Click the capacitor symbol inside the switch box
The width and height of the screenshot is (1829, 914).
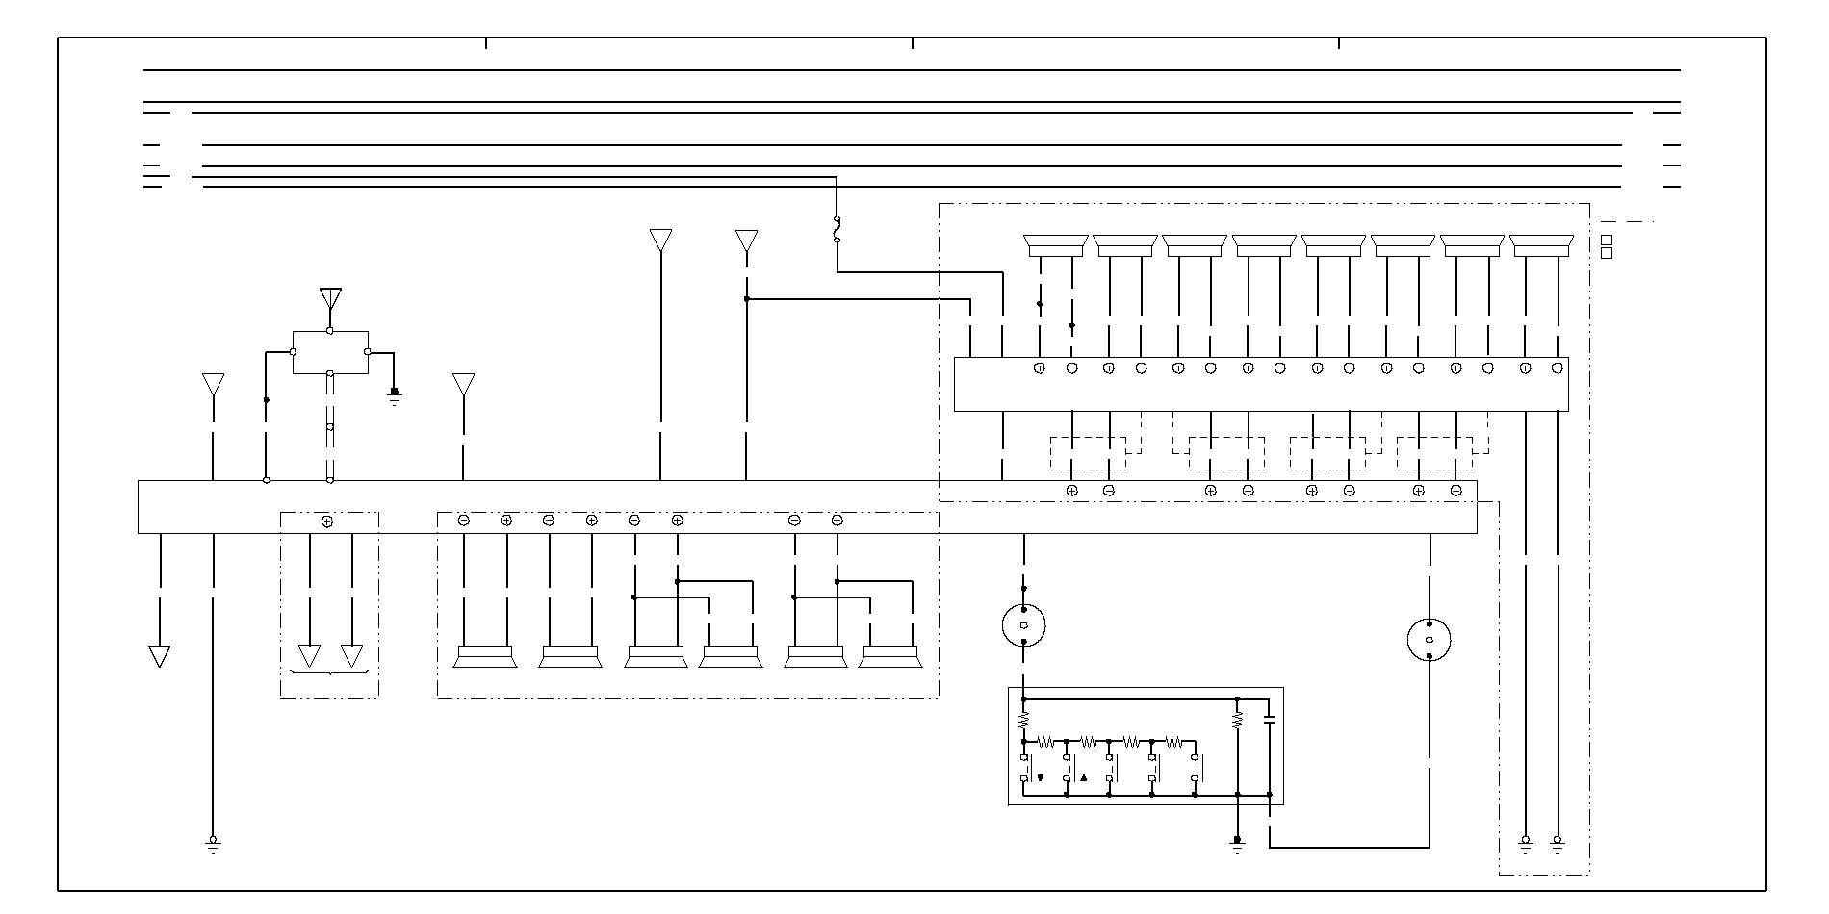(x=1269, y=719)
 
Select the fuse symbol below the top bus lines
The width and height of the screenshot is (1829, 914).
(x=837, y=229)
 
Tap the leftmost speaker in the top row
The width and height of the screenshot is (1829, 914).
(x=1056, y=245)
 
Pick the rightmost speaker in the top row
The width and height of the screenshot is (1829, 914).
(x=1541, y=245)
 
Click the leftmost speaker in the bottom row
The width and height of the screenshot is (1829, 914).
(x=484, y=656)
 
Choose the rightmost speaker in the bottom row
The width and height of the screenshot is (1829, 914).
(x=890, y=656)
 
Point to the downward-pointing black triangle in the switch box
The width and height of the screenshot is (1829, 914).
(x=1041, y=777)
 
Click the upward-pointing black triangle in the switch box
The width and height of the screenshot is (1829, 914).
(x=1083, y=777)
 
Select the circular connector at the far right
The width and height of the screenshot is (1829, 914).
(x=1430, y=640)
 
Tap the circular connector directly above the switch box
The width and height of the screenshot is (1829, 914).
(x=1023, y=625)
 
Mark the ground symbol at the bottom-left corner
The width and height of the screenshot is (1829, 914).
(x=213, y=844)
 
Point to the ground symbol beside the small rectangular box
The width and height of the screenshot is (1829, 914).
(x=394, y=395)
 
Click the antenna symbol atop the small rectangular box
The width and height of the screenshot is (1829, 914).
(x=330, y=297)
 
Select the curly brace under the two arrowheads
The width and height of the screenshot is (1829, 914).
(x=330, y=672)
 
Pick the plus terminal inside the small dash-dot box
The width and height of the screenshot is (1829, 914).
(x=327, y=521)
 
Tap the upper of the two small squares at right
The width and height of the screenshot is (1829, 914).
(x=1606, y=240)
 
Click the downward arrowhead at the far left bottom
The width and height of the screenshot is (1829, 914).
(x=160, y=656)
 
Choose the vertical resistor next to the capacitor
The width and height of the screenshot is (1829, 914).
(x=1238, y=719)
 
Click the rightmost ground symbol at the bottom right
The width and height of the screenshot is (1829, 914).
(x=1558, y=844)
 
